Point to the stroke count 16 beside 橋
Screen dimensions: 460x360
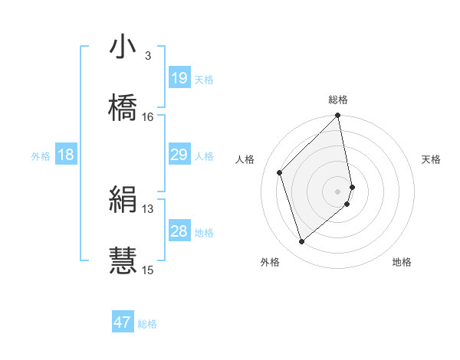[147, 116]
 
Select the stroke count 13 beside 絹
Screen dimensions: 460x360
[147, 208]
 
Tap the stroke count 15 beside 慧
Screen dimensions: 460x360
[147, 270]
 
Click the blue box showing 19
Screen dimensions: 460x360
[179, 78]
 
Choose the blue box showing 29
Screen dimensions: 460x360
[179, 155]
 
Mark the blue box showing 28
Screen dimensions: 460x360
[179, 231]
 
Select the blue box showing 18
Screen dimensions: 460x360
[66, 155]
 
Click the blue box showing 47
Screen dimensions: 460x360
[123, 322]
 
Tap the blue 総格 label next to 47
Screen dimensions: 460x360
[147, 324]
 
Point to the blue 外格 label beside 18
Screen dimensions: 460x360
[41, 156]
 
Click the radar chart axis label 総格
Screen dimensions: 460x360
[338, 100]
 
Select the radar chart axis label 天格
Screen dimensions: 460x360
[431, 159]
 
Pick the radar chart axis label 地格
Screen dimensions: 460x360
[402, 262]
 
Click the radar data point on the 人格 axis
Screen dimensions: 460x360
[280, 172]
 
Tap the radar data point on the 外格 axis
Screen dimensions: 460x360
[302, 242]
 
